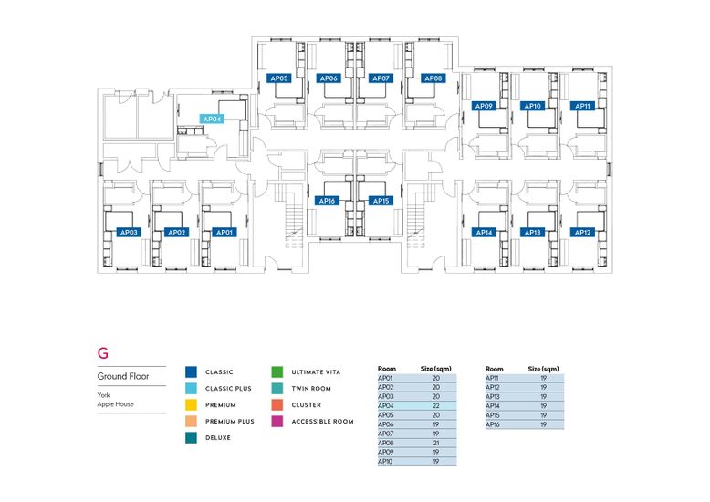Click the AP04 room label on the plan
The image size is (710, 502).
[213, 120]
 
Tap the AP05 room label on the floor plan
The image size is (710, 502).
[279, 78]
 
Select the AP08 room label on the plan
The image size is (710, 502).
[433, 78]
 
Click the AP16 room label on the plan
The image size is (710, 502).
[329, 201]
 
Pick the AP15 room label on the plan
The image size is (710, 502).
[381, 201]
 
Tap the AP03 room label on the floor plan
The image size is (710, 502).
[129, 233]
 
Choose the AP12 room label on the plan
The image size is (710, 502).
[583, 233]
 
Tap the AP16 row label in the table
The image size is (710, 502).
[492, 424]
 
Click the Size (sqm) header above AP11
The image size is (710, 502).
[543, 368]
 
